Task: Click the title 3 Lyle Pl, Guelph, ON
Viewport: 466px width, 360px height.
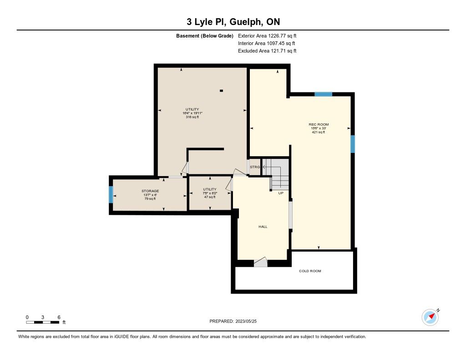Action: click(233, 22)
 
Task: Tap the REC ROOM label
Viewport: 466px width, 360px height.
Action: click(319, 125)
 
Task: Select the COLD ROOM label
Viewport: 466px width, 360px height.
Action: click(310, 271)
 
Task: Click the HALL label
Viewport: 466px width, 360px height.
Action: click(263, 227)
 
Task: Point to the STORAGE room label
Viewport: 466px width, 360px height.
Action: click(150, 191)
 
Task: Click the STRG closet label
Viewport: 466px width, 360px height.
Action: click(255, 167)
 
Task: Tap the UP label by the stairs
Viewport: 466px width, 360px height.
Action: click(281, 193)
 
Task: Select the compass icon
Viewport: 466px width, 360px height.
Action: click(431, 317)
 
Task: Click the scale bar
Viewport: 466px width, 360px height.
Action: click(42, 322)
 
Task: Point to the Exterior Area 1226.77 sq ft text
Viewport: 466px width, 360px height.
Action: click(267, 36)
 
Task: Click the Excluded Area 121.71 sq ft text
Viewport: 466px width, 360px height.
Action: click(267, 51)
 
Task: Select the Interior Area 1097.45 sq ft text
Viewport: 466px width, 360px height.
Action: click(267, 43)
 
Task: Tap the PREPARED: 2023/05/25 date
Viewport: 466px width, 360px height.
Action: click(233, 321)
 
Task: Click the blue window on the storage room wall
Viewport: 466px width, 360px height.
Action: click(111, 195)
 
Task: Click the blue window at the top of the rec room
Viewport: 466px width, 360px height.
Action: click(324, 94)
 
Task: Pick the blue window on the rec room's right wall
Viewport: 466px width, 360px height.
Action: click(353, 144)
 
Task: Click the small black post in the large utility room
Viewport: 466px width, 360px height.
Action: click(222, 91)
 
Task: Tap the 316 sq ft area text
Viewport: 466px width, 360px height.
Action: click(192, 117)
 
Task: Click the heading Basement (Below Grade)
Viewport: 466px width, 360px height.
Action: click(205, 36)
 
